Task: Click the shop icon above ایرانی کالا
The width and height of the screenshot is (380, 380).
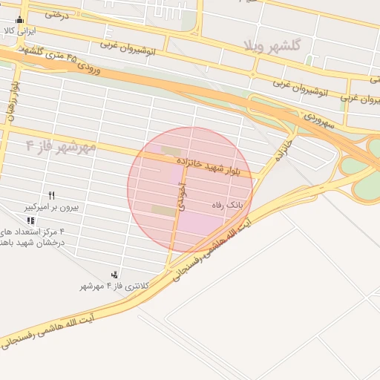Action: point(19,20)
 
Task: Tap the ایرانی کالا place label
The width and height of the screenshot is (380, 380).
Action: point(20,32)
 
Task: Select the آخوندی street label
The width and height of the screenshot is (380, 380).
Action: point(179,198)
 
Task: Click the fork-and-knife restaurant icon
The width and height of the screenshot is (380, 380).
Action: point(51,194)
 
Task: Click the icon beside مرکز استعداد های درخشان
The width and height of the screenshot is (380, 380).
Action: point(30,220)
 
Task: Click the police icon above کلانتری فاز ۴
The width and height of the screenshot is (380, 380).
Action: point(114,275)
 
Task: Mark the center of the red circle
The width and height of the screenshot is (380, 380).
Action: point(191,190)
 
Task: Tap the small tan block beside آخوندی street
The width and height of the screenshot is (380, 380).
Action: point(164,211)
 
